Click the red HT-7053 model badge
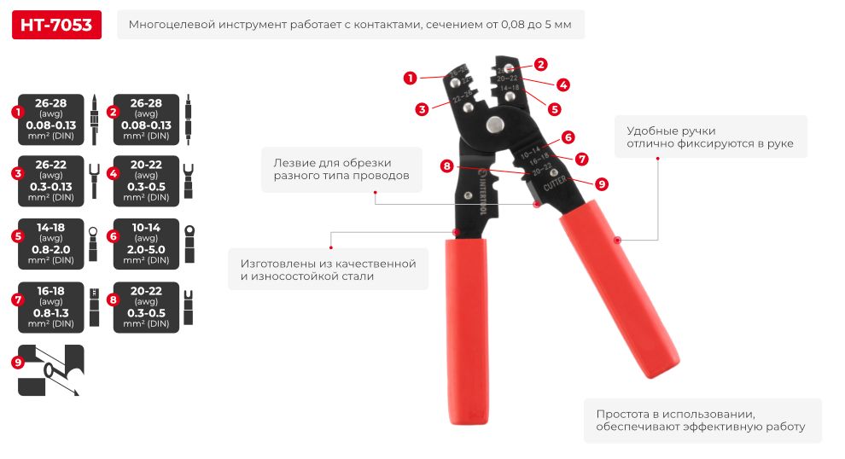(56, 26)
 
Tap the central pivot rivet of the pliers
(494, 125)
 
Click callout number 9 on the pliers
(601, 183)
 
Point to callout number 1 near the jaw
(411, 78)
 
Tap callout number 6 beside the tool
(568, 137)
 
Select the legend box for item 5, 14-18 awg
(52, 242)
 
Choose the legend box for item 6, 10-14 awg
(147, 242)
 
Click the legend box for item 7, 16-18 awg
(52, 305)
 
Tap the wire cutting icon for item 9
(51, 369)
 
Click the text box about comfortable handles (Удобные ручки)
(710, 137)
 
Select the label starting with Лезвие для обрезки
(341, 169)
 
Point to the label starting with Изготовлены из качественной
(328, 270)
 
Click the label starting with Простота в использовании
(701, 420)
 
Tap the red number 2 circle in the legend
(110, 112)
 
